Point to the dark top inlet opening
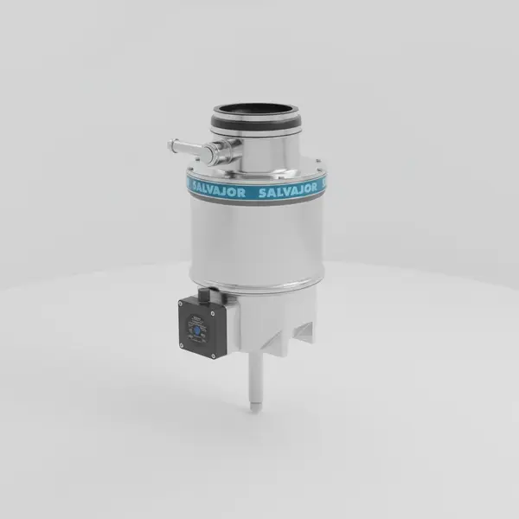256,111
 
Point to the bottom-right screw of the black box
217,352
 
